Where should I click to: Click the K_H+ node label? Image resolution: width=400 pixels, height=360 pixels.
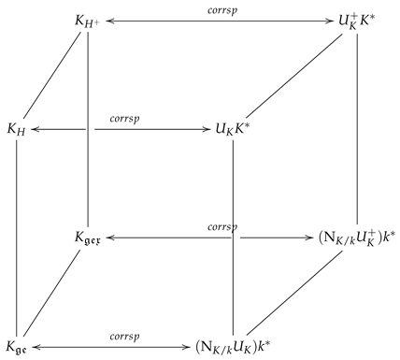87,19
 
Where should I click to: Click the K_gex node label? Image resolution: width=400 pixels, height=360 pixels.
88,238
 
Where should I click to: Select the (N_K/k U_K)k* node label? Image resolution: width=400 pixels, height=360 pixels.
232,348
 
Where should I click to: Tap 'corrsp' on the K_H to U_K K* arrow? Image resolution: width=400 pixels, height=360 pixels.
124,119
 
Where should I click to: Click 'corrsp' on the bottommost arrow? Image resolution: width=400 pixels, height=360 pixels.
124,338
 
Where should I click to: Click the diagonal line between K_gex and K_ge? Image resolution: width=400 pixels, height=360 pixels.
51,294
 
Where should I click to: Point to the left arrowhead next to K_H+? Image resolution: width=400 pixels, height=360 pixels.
107,19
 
